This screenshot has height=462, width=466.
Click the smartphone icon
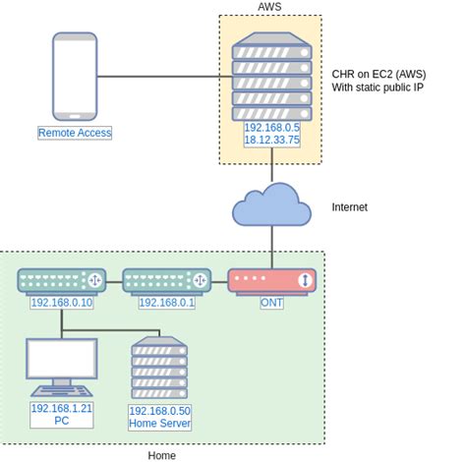click(x=75, y=77)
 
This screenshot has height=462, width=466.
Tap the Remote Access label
click(x=75, y=133)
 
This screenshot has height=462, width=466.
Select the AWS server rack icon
click(x=271, y=76)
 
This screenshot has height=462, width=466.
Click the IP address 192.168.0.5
click(x=272, y=128)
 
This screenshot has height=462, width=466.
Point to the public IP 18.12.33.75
click(x=272, y=141)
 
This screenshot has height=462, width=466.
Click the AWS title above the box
click(x=270, y=7)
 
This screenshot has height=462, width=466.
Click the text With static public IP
click(x=379, y=87)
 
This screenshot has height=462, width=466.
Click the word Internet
click(x=351, y=207)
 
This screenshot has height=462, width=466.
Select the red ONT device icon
click(x=271, y=281)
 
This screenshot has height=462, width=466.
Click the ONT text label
click(x=272, y=303)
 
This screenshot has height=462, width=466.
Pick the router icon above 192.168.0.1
click(x=166, y=281)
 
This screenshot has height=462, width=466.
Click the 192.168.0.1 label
click(x=166, y=303)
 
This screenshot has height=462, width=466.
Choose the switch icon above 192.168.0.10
click(x=61, y=281)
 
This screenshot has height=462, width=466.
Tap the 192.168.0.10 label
click(x=61, y=303)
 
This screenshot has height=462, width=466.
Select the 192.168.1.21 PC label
click(x=61, y=414)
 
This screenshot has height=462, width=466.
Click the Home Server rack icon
click(x=159, y=369)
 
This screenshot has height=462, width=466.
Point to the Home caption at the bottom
click(x=162, y=455)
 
